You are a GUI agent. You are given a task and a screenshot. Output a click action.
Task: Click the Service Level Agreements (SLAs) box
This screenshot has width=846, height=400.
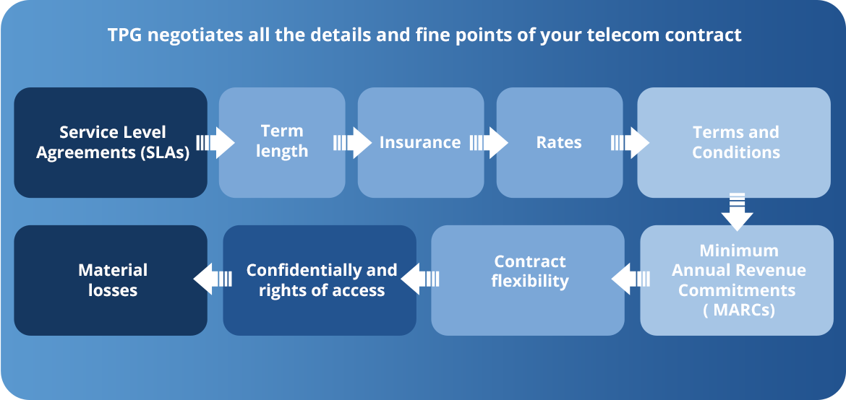[x=111, y=142]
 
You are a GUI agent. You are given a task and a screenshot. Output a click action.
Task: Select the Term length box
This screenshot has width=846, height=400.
[x=282, y=142]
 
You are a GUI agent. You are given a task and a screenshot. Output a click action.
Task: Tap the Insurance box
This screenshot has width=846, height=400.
[x=421, y=142]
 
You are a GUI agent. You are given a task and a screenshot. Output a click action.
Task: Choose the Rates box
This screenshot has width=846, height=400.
[x=560, y=142]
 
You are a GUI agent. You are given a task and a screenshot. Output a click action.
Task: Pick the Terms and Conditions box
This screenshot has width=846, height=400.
[x=734, y=142]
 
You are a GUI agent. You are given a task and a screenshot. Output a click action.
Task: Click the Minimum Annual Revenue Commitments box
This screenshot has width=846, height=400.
[x=737, y=280]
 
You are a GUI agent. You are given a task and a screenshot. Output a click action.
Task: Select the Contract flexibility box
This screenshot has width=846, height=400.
[x=528, y=280]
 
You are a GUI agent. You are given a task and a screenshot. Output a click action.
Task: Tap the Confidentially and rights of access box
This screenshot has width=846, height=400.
[x=320, y=280]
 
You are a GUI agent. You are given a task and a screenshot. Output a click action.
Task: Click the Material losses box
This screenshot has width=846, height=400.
[x=111, y=280]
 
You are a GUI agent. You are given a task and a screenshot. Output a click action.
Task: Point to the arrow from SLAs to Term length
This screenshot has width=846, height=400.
[x=215, y=143]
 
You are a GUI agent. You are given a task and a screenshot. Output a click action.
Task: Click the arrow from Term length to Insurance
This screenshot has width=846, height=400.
[x=352, y=143]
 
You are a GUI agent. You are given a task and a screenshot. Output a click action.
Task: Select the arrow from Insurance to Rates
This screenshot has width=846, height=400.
[x=489, y=143]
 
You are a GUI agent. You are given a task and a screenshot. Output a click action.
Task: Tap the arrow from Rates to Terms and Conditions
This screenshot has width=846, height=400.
[x=631, y=143]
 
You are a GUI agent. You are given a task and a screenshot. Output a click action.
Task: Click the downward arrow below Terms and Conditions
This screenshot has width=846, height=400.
[x=737, y=212]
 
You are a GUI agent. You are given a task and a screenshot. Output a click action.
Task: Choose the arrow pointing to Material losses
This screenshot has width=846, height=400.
[x=213, y=279]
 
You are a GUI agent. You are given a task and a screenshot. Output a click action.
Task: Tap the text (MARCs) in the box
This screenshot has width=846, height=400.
[x=737, y=310]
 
